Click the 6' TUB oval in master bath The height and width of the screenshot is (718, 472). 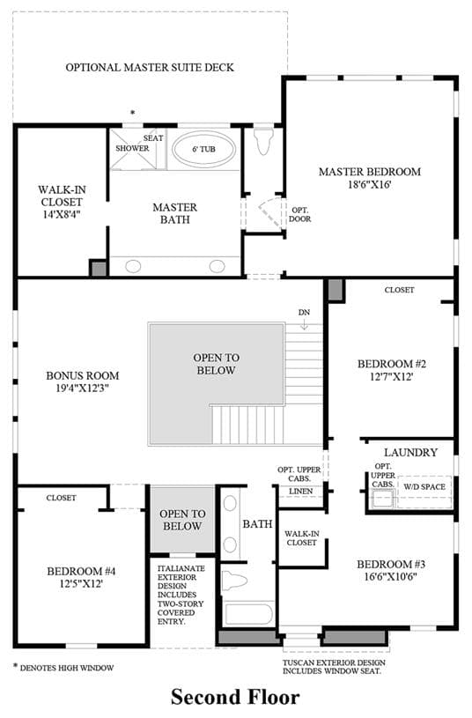pyautogui.click(x=203, y=150)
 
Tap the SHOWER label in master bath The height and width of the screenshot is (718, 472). pyautogui.click(x=132, y=148)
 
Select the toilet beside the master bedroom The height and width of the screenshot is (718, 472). pyautogui.click(x=263, y=140)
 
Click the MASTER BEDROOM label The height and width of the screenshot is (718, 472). pyautogui.click(x=370, y=172)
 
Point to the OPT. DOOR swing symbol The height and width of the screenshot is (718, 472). pyautogui.click(x=271, y=211)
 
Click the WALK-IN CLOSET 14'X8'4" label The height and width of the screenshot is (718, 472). pyautogui.click(x=62, y=202)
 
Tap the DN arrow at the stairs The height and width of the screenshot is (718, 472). pyautogui.click(x=305, y=325)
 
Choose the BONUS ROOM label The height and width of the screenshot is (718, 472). pyautogui.click(x=83, y=376)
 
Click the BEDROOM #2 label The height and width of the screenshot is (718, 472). pyautogui.click(x=392, y=364)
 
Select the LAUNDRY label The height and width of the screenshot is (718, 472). pyautogui.click(x=410, y=453)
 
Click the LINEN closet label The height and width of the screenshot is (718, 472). pyautogui.click(x=301, y=492)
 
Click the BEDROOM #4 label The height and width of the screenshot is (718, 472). pyautogui.click(x=81, y=572)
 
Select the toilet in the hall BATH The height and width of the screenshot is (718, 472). pyautogui.click(x=234, y=581)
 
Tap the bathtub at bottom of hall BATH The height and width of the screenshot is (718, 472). pyautogui.click(x=249, y=614)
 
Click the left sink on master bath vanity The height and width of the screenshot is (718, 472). pyautogui.click(x=133, y=266)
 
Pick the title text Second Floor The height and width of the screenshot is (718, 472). pyautogui.click(x=235, y=698)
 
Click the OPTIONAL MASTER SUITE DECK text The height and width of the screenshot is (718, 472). pyautogui.click(x=150, y=67)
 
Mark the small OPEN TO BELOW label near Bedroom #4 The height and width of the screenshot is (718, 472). pyautogui.click(x=182, y=520)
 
